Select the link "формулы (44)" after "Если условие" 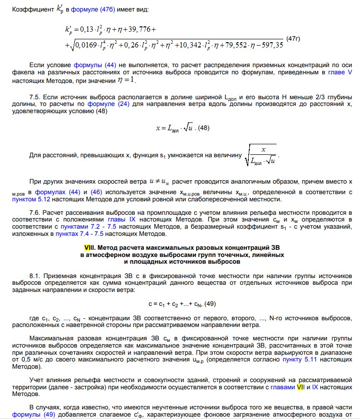click(91, 64)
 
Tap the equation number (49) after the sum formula click(209, 303)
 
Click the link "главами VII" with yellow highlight click(287, 387)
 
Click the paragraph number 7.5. click(35, 97)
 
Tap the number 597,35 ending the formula click(270, 45)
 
